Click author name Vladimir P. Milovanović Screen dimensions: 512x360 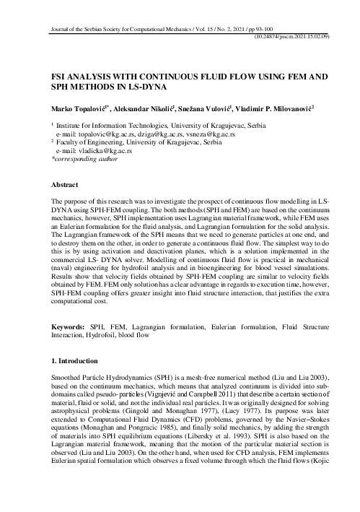(x=286, y=108)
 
